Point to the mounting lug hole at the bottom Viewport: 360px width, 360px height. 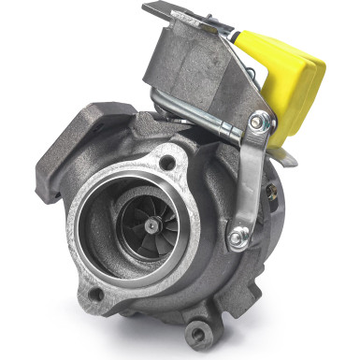coord(196,330)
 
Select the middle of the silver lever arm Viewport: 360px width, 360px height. coord(251,178)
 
